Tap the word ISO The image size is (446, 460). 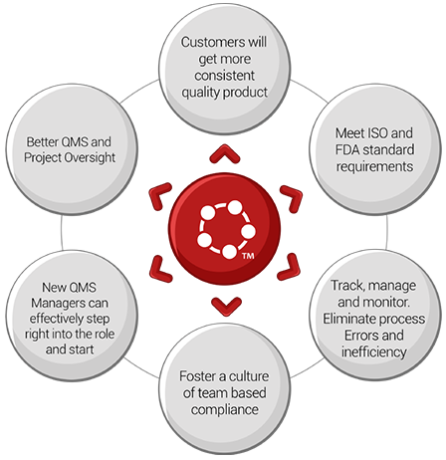(376, 133)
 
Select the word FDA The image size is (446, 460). (346, 149)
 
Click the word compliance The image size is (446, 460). (225, 410)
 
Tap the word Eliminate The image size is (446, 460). (349, 319)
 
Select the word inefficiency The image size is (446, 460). (374, 352)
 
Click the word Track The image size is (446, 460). (347, 286)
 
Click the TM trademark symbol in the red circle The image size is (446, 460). (248, 256)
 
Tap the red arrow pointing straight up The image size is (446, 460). (225, 154)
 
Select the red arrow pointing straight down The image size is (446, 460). (227, 307)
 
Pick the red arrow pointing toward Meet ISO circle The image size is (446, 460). (293, 198)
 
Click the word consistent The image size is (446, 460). (225, 76)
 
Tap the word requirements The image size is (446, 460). (374, 166)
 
